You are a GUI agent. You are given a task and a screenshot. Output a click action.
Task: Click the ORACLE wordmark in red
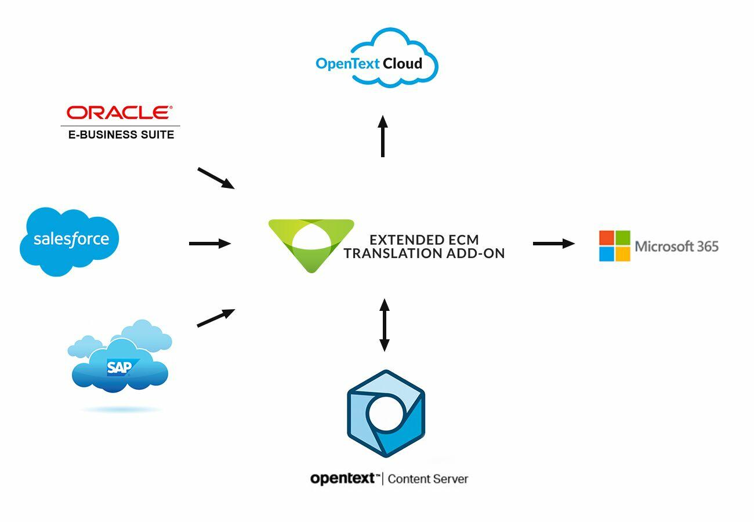(120, 112)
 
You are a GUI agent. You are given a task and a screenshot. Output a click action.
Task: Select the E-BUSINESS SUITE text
(121, 135)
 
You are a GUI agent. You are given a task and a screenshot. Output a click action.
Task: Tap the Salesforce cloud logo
(70, 240)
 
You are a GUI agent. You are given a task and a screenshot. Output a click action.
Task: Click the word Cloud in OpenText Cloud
(403, 63)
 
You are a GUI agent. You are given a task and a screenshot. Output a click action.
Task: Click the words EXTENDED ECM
(424, 240)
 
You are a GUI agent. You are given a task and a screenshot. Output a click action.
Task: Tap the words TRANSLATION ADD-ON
(424, 253)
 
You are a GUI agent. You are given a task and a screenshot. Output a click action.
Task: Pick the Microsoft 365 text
(677, 246)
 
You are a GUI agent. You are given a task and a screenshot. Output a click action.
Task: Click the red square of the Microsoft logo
(607, 238)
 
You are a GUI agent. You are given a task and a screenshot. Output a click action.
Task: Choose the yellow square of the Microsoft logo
(623, 254)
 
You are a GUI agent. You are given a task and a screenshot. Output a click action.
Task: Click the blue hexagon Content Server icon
(386, 414)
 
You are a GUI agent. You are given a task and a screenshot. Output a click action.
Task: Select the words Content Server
(428, 479)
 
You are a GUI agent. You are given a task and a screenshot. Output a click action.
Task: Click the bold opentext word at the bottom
(345, 479)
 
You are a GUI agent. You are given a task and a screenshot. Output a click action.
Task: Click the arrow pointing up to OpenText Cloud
(383, 136)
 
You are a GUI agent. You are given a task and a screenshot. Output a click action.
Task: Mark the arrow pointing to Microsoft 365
(553, 244)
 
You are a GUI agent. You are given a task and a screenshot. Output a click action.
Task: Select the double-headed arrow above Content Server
(384, 325)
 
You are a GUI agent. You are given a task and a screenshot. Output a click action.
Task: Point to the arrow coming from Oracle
(216, 178)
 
